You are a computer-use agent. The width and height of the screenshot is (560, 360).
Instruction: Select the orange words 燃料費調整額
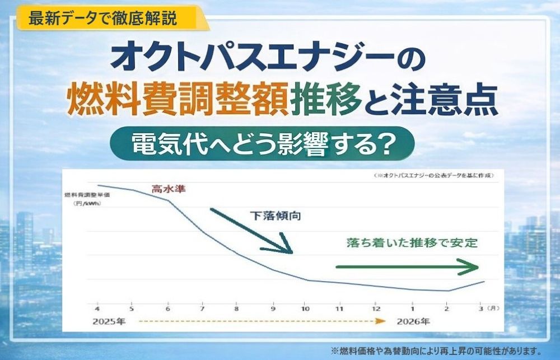click(178, 100)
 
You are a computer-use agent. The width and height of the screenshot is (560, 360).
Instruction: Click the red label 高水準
click(168, 189)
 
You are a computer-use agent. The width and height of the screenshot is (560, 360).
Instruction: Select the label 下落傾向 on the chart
click(275, 216)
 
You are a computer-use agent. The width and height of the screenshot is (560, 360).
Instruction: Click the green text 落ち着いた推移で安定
click(412, 244)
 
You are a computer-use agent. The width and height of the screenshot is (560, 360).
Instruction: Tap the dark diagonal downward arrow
click(251, 231)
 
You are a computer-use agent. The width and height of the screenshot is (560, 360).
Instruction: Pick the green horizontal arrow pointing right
click(407, 267)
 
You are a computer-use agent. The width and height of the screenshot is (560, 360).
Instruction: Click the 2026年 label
click(413, 321)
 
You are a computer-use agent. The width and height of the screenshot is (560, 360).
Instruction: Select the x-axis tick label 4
click(97, 308)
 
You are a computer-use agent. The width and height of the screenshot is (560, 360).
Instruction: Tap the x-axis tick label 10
click(305, 308)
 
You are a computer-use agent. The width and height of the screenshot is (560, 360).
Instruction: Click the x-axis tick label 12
click(376, 308)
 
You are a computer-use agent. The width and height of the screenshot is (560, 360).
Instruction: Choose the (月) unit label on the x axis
click(491, 308)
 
